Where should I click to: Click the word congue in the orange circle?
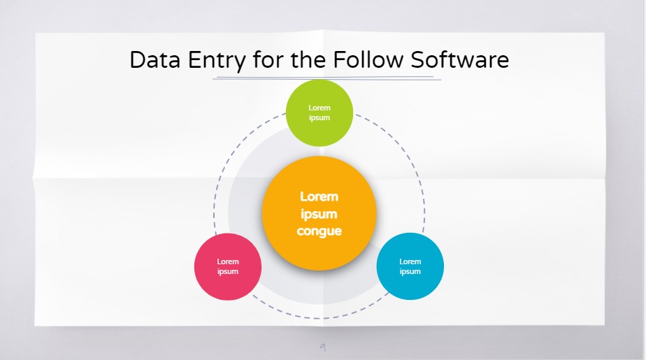coord(320,231)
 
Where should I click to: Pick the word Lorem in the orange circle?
coord(320,196)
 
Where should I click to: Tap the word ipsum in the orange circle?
coord(320,214)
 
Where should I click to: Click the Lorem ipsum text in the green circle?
coord(320,113)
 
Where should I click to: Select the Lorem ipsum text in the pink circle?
coord(228,266)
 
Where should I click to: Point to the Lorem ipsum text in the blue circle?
coord(410,266)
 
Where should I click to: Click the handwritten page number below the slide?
coord(322,346)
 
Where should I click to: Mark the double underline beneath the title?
coord(326,78)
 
